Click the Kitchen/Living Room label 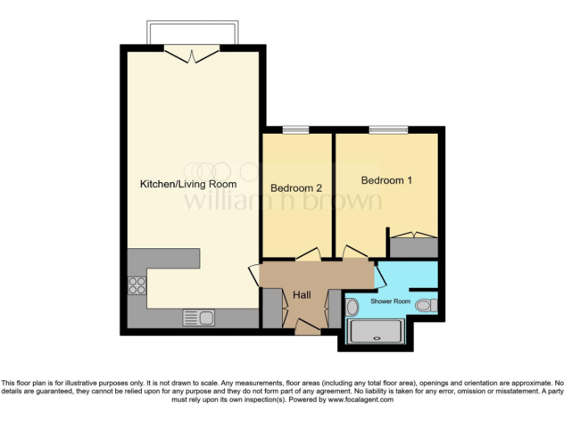[x=188, y=184]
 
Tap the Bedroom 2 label [x=297, y=188]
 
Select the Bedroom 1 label [x=386, y=180]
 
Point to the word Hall [x=302, y=294]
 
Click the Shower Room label [x=390, y=301]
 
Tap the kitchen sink [x=198, y=318]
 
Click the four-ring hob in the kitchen [x=137, y=284]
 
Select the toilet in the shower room [x=424, y=305]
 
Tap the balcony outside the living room [x=192, y=33]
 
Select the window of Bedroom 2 [x=297, y=130]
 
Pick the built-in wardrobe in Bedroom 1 [x=413, y=245]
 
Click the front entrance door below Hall [x=307, y=326]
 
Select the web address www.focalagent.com [x=360, y=400]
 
